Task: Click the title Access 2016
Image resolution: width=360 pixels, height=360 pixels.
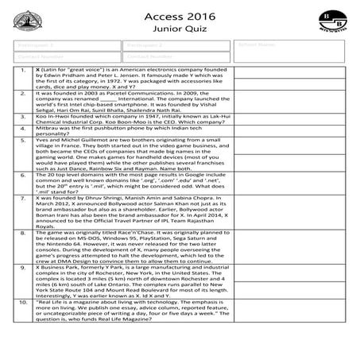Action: coord(179,15)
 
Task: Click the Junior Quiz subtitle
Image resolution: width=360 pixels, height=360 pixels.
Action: coord(179,31)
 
